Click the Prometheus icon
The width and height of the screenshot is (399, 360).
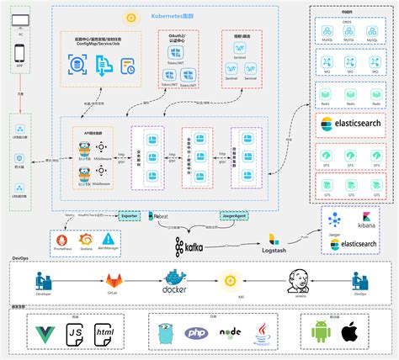61,239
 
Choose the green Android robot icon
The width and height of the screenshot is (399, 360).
321,331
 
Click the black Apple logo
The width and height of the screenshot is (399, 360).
350,331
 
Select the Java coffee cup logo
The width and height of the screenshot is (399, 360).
263,332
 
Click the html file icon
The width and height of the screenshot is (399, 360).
104,333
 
